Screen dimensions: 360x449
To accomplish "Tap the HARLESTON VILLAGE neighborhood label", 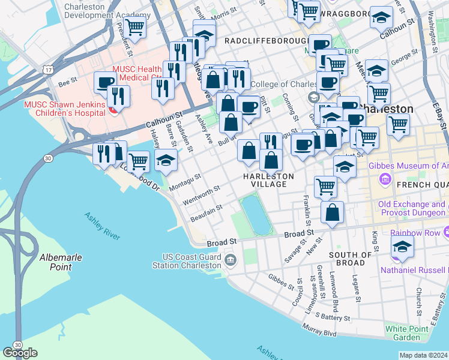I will (269, 180).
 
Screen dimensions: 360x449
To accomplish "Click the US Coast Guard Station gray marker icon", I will (231, 260).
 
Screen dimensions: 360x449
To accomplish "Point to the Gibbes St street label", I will (280, 279).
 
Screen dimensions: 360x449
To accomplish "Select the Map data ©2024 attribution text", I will (423, 355).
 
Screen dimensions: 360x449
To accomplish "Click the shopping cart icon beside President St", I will (136, 27).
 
